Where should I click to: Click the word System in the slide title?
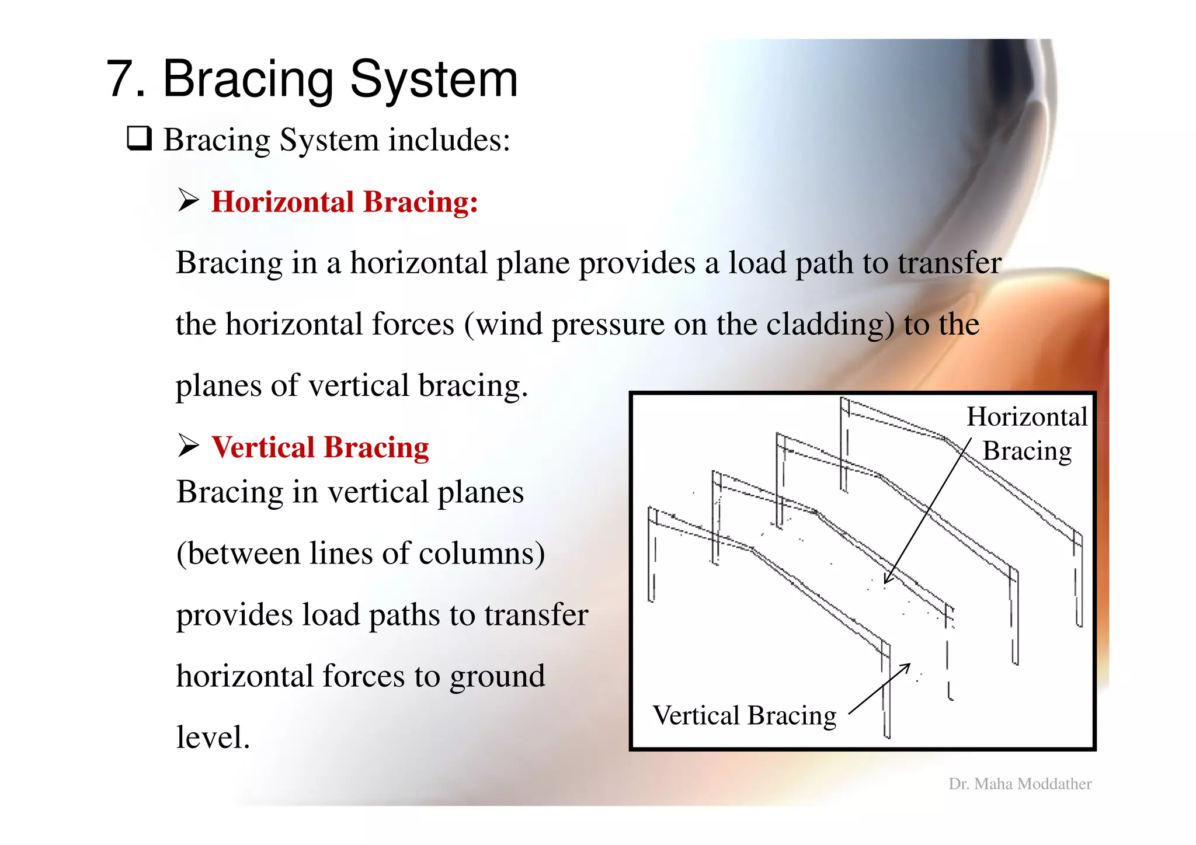click(433, 79)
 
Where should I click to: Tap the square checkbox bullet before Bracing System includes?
click(140, 139)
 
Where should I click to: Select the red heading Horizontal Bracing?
click(344, 202)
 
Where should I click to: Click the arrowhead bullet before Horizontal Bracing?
click(188, 201)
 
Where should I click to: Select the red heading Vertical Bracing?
click(320, 447)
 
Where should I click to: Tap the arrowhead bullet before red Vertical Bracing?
click(188, 446)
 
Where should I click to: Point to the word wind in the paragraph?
click(509, 325)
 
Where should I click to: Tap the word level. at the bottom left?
click(213, 738)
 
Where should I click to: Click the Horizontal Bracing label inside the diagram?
click(1027, 433)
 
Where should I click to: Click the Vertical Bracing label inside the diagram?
click(744, 715)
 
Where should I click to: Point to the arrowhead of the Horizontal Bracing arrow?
click(886, 580)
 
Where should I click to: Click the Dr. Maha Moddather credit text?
click(1020, 784)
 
